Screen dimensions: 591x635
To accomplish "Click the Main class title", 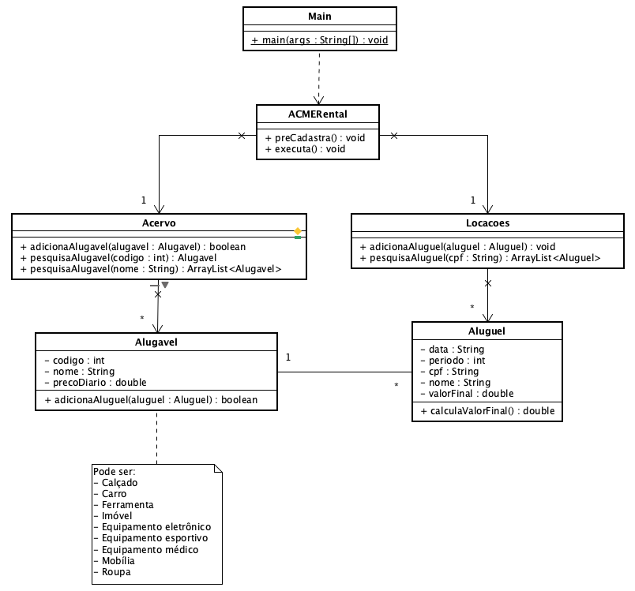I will point(319,17).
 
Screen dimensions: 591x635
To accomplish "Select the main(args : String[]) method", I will point(319,39).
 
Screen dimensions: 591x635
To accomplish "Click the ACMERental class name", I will point(317,114).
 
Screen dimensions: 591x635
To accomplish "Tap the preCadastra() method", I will point(314,137).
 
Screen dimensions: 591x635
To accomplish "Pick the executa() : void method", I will point(306,148).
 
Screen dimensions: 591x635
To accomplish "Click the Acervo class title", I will point(159,223).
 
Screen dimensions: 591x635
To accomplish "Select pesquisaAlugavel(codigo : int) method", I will point(119,258).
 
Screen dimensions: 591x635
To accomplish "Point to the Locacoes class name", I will point(488,223).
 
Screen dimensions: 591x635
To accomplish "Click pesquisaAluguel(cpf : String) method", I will point(480,258).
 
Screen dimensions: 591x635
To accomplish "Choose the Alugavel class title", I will point(156,342).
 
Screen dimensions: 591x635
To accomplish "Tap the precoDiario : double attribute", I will point(96,382).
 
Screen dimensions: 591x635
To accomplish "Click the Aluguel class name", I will point(487,332).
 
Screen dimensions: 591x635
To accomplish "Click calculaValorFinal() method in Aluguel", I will point(487,411).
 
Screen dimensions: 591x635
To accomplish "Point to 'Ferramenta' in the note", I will point(123,504).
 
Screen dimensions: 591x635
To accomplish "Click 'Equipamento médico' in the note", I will point(145,549).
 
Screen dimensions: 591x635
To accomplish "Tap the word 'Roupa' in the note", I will point(112,572).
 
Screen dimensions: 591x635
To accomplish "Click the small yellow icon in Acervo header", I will point(298,231).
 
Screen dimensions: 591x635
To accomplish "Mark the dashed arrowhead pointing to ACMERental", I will point(319,99).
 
